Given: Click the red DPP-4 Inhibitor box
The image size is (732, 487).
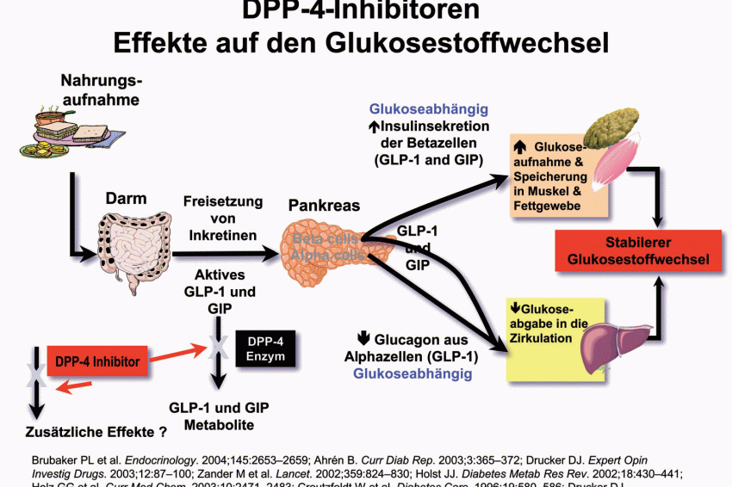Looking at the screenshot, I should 98,361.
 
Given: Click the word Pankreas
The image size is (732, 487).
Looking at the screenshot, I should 324,207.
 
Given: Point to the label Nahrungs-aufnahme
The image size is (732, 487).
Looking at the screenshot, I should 101,90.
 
